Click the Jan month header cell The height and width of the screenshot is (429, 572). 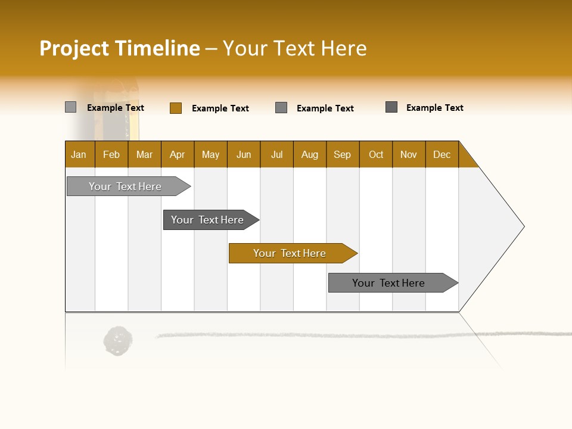pyautogui.click(x=79, y=154)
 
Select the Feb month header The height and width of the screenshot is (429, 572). pyautogui.click(x=111, y=154)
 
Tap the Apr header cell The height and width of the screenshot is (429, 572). pyautogui.click(x=178, y=154)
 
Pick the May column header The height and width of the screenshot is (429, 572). pyautogui.click(x=210, y=154)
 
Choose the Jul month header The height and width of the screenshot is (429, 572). pyautogui.click(x=276, y=154)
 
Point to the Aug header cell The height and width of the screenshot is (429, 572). pyautogui.click(x=310, y=154)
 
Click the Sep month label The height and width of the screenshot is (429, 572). pyautogui.click(x=343, y=154)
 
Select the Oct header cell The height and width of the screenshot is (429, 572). pyautogui.click(x=376, y=154)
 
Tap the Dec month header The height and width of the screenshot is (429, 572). pyautogui.click(x=442, y=154)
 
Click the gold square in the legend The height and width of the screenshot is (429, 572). pyautogui.click(x=176, y=108)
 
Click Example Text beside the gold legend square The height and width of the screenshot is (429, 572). pyautogui.click(x=220, y=108)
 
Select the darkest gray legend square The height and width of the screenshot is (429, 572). pyautogui.click(x=391, y=107)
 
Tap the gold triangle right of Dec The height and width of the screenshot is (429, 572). pyautogui.click(x=467, y=158)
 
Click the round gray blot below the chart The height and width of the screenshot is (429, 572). pyautogui.click(x=117, y=341)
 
